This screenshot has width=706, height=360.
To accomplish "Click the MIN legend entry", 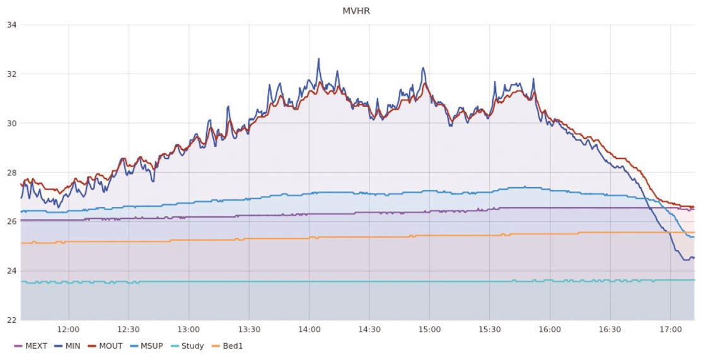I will coord(70,346).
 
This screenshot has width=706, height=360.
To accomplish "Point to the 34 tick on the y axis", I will coord(11,25).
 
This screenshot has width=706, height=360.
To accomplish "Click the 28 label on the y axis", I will coord(11,172).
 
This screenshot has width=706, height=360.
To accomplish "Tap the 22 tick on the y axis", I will coord(11,320).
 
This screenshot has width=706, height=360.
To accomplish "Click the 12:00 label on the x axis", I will coord(68,330).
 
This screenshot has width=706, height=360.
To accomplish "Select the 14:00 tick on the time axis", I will coord(309,330).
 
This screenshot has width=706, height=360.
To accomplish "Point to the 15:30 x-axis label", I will coord(490,330).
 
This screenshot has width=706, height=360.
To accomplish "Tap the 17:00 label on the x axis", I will coord(670,330).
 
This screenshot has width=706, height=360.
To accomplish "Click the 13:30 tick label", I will coord(249,330).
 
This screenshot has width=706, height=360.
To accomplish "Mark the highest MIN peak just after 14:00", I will coord(318,59).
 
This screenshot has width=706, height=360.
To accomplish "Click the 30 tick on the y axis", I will coord(11,123).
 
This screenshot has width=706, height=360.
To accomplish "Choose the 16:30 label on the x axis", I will coord(610,330).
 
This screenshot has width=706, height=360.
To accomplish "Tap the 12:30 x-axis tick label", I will coord(129,330).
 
